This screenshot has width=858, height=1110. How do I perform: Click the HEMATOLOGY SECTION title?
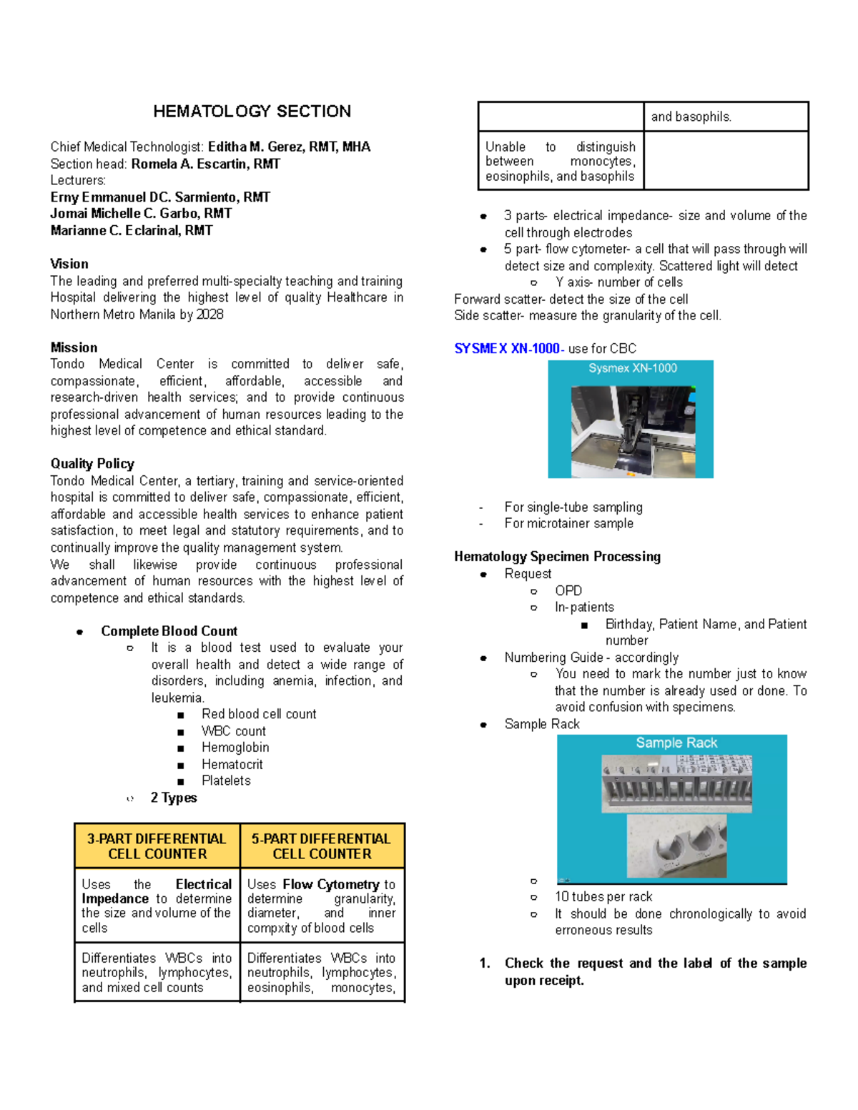pyautogui.click(x=252, y=112)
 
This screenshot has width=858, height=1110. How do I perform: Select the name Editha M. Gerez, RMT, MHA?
pyautogui.click(x=289, y=147)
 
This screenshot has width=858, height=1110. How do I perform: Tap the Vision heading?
pyautogui.click(x=69, y=264)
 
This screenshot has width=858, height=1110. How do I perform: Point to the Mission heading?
pyautogui.click(x=74, y=347)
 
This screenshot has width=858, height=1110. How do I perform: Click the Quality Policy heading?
pyautogui.click(x=92, y=464)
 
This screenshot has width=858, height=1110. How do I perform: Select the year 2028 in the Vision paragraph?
pyautogui.click(x=209, y=314)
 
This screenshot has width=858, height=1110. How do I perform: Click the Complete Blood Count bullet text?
pyautogui.click(x=169, y=631)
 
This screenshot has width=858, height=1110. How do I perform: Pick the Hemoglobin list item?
pyautogui.click(x=235, y=748)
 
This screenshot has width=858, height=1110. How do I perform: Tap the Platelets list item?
pyautogui.click(x=226, y=781)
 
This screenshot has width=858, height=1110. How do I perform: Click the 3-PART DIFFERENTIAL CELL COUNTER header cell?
pyautogui.click(x=157, y=846)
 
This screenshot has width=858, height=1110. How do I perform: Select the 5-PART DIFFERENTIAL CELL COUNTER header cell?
pyautogui.click(x=322, y=846)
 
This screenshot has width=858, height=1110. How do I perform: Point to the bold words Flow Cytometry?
pyautogui.click(x=331, y=884)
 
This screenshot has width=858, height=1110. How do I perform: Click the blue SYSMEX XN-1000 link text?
pyautogui.click(x=508, y=349)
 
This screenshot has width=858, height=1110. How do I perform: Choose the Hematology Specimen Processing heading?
pyautogui.click(x=557, y=557)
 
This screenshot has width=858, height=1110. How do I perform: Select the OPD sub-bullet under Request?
pyautogui.click(x=568, y=590)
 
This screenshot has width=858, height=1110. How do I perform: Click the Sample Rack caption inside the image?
pyautogui.click(x=676, y=743)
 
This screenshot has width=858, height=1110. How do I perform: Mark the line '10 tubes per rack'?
pyautogui.click(x=603, y=897)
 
